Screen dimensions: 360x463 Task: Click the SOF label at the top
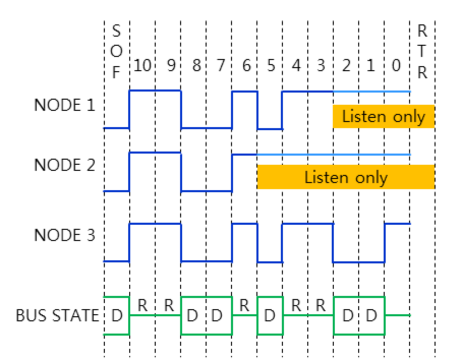point(117,52)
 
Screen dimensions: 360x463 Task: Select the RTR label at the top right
point(422,52)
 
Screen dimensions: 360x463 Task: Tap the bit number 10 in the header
point(142,66)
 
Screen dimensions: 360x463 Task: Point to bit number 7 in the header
point(220,66)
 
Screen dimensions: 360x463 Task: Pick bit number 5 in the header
point(270,66)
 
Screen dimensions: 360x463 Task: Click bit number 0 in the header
point(396,66)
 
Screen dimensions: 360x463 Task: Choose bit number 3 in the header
point(321,66)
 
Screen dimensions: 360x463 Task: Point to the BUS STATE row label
point(57,316)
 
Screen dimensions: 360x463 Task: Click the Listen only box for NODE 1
point(383,116)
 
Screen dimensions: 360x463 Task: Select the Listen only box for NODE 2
point(346,177)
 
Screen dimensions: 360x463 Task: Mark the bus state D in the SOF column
point(117,316)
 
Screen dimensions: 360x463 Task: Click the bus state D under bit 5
point(270,316)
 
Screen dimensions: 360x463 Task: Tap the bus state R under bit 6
point(244,306)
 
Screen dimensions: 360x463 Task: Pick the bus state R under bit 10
point(143,306)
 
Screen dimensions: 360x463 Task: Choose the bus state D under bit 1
point(371,316)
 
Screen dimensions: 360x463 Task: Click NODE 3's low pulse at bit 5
point(270,261)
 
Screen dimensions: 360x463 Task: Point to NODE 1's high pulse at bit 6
point(244,92)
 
